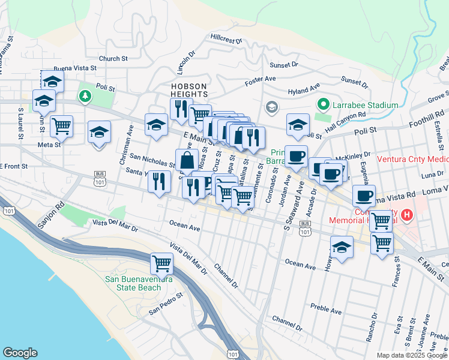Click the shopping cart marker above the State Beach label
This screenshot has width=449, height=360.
(161, 263)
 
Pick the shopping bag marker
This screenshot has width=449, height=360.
(187, 160)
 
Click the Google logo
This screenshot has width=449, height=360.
(20, 353)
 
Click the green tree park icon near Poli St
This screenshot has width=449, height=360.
(85, 95)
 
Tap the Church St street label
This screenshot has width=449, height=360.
(114, 59)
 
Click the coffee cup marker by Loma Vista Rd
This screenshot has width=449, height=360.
(364, 196)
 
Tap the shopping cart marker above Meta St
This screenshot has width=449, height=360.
(61, 126)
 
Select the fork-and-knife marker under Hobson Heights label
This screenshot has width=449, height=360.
(179, 109)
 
